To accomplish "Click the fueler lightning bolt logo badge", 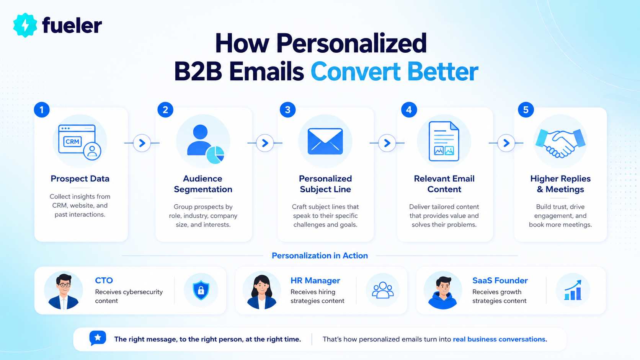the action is click(25, 25).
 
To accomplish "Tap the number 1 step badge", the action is click(42, 110).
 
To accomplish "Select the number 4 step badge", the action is click(409, 110).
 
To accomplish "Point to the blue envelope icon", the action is click(325, 141).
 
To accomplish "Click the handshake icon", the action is click(560, 143).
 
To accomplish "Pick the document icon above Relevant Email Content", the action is click(444, 141).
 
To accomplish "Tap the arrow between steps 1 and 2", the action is click(142, 143).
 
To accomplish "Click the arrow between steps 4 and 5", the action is click(506, 143).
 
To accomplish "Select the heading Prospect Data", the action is click(80, 179).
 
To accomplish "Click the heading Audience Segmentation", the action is click(203, 184).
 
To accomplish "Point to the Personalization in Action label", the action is click(320, 256).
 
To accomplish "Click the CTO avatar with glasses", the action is click(64, 291).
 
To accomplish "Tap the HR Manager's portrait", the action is click(262, 291).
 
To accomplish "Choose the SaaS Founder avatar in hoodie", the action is click(442, 291).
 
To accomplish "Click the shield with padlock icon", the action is click(201, 290).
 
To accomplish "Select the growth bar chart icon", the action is click(573, 290).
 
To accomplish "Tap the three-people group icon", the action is click(383, 290).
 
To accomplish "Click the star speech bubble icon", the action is click(98, 338).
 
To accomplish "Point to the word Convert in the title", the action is click(356, 72).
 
